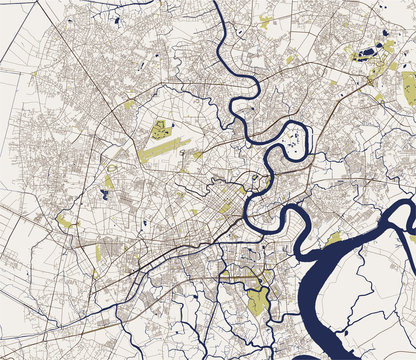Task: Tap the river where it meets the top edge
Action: [218, 5]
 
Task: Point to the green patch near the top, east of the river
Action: [265, 19]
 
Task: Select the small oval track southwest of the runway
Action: [108, 183]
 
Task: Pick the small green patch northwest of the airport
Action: [130, 103]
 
